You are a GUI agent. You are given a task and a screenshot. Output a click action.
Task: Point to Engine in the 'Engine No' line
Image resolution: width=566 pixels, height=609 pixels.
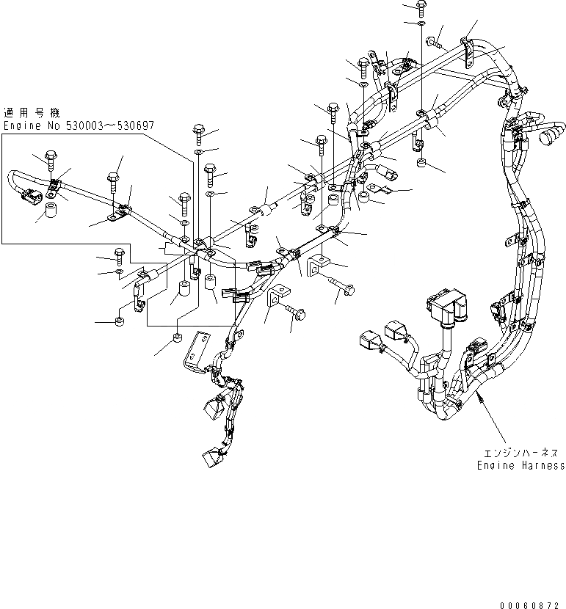tap(22, 125)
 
